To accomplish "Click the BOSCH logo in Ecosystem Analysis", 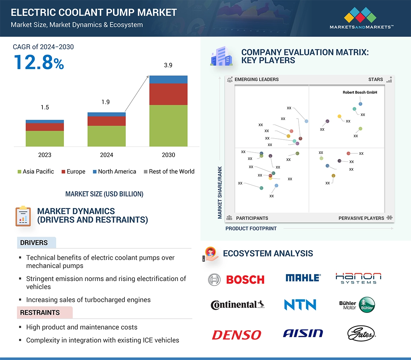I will pos(236,279).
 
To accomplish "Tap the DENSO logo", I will pos(236,335).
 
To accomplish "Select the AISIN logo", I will pos(302,333).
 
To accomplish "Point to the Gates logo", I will pos(361,333).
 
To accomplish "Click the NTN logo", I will pos(300,305).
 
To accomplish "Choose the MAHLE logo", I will pos(303,278).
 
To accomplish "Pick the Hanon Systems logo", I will pos(358,278).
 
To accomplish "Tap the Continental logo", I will pos(237,305).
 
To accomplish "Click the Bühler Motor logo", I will pos(357,305).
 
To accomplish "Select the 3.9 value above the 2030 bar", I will pos(168,65).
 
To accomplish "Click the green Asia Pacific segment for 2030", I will pos(168,126).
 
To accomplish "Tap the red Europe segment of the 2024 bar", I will pos(106,121).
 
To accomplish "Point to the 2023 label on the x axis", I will pos(45,155).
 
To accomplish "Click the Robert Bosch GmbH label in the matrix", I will pos(360,92).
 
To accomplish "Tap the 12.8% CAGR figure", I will pos(39,62).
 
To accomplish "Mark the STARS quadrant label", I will pos(376,79).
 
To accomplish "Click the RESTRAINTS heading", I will pos(40,313).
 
